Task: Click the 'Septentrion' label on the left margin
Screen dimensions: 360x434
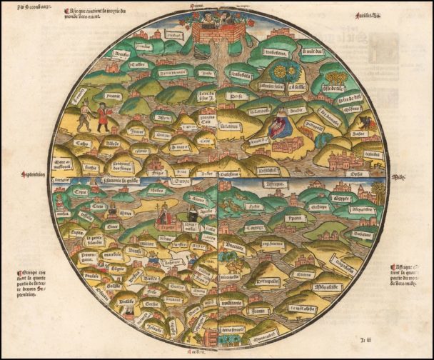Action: [x=34, y=174]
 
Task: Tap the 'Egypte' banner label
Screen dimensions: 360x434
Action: [x=341, y=198]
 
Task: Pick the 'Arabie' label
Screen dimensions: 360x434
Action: [x=297, y=111]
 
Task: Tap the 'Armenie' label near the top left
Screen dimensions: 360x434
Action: [x=122, y=53]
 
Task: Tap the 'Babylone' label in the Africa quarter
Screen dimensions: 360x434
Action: [x=363, y=234]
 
